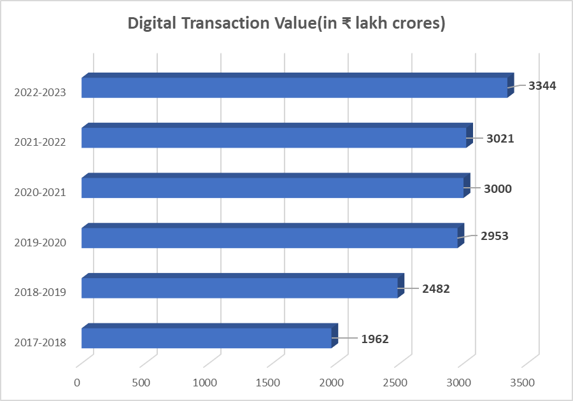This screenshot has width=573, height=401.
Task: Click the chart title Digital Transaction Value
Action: point(286,24)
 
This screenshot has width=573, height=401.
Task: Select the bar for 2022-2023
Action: point(294,87)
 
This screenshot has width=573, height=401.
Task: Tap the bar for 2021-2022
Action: point(274,137)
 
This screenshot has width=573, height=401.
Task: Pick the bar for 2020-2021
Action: point(272,188)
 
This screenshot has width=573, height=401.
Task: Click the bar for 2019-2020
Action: point(269,237)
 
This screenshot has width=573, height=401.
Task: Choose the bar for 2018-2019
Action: point(239,288)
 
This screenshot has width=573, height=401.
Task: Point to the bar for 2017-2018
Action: point(206,338)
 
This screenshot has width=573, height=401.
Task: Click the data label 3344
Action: point(542,85)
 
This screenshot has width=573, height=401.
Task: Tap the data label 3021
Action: point(501,138)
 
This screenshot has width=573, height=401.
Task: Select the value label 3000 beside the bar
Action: point(498,188)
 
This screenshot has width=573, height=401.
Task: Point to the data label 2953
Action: point(495,236)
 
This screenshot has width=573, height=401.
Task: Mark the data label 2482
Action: point(435,288)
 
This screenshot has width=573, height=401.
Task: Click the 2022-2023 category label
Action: point(39,92)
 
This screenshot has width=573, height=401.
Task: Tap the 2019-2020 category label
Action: point(39,242)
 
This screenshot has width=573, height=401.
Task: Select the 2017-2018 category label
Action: point(39,342)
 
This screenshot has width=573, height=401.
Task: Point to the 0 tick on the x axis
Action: point(77,383)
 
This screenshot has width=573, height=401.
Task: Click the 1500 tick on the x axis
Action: point(268,383)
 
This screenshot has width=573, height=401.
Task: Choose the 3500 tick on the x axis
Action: point(523,383)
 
